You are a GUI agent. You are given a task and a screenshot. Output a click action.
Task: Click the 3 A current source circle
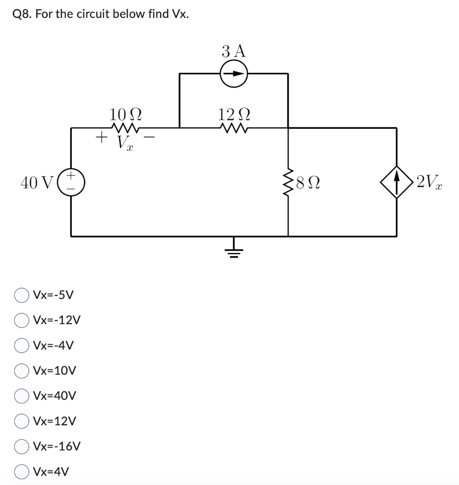point(234,74)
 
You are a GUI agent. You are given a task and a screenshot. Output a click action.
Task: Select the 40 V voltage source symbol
point(71,182)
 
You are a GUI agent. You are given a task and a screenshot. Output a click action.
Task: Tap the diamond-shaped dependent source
point(396,182)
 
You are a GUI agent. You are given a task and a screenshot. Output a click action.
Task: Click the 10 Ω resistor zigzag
point(125,127)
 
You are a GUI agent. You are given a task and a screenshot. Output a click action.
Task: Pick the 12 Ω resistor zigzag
point(234,127)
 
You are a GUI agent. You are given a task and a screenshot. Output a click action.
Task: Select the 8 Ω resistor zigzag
point(288,182)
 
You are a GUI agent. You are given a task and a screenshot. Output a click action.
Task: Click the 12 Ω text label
point(234,114)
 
